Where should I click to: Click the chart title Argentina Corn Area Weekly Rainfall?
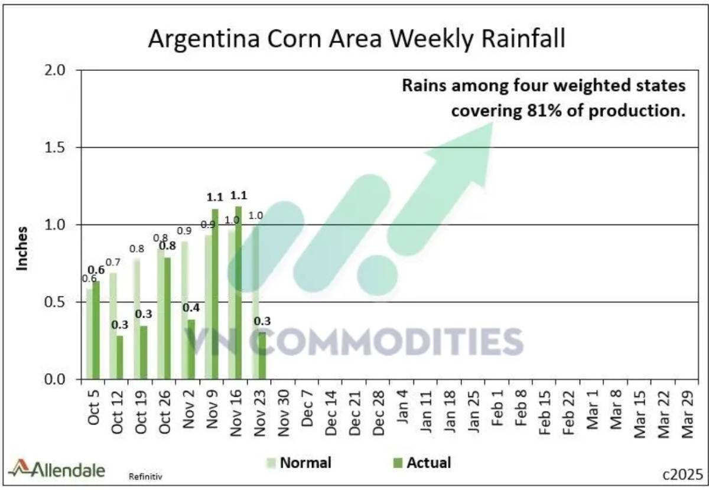pos(356,38)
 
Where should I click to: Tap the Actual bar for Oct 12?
pos(120,357)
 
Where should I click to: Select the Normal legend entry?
pos(299,462)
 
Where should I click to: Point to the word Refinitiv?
pos(145,475)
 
